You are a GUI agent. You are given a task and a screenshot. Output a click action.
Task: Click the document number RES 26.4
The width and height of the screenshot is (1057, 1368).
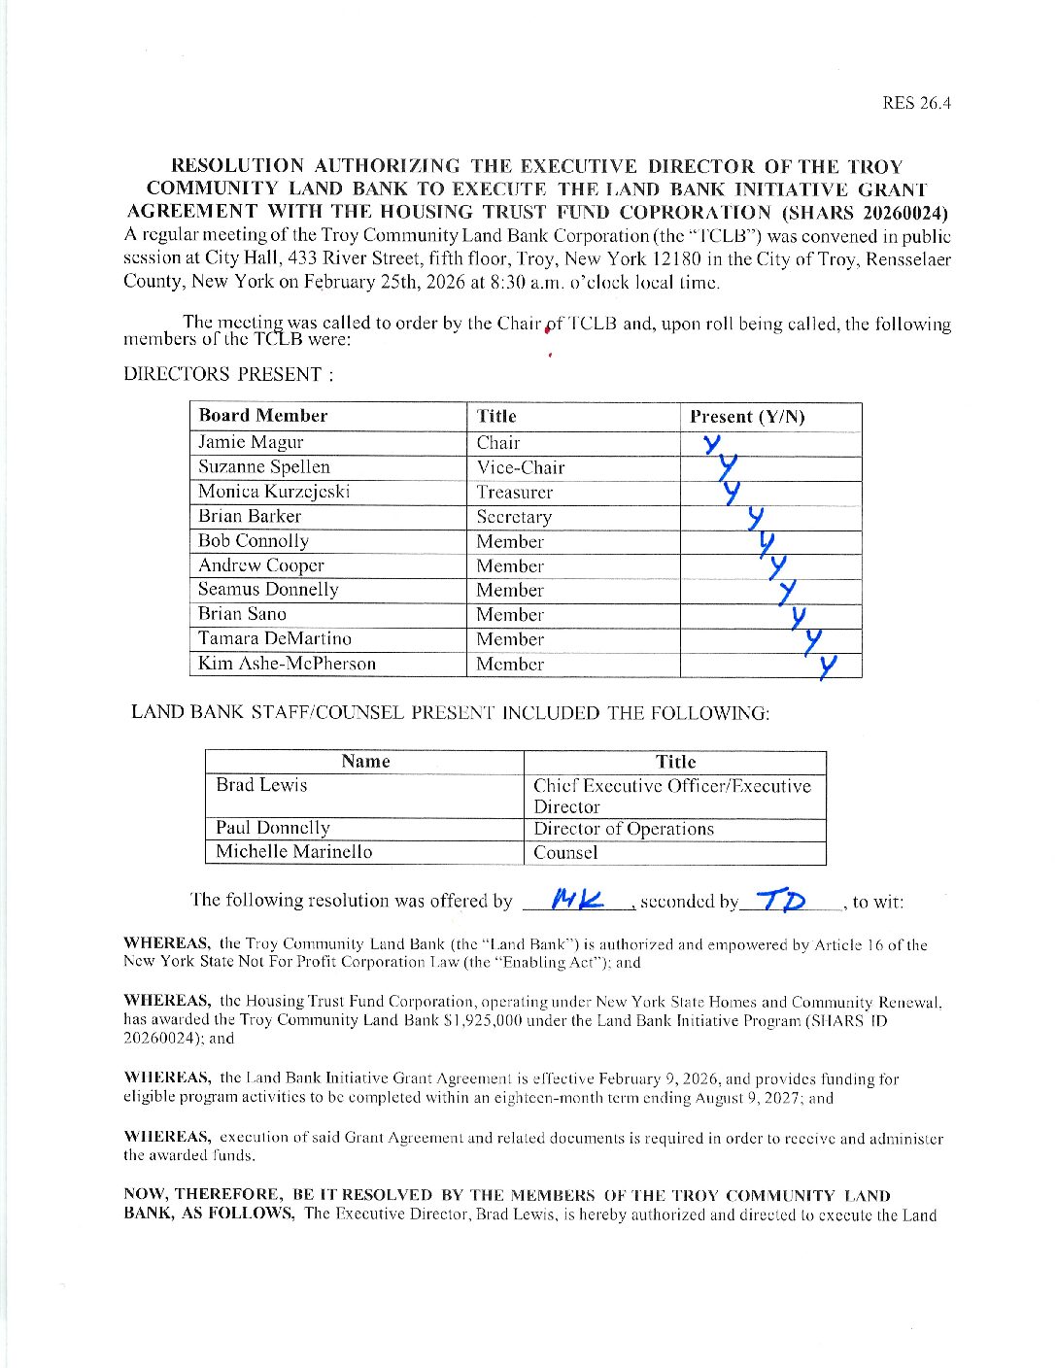click(x=915, y=103)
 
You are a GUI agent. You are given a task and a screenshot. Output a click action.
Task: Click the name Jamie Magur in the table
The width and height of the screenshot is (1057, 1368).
click(x=251, y=442)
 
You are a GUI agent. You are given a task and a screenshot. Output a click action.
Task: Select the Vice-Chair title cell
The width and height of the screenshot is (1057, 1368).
click(x=520, y=467)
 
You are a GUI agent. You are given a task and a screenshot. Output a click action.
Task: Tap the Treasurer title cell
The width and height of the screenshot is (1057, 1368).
click(x=514, y=493)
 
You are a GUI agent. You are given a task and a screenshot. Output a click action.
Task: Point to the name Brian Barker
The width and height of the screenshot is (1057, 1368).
click(x=250, y=516)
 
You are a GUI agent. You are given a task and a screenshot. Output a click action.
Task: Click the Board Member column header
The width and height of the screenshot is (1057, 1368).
click(x=263, y=416)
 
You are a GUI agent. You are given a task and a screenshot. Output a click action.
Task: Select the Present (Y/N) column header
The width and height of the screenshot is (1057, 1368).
click(x=747, y=417)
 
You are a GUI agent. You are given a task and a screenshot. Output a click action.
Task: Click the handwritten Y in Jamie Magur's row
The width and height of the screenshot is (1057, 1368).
click(x=713, y=444)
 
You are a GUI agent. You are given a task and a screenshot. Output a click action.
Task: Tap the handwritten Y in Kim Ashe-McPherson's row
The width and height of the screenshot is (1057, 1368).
click(x=827, y=667)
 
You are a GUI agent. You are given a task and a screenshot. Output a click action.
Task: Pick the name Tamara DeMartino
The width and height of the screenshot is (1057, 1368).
click(x=275, y=638)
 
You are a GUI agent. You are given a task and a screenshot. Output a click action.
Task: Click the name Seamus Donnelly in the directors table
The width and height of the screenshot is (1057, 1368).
click(x=268, y=589)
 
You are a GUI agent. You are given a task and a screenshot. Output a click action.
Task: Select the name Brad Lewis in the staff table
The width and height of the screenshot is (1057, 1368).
click(x=261, y=784)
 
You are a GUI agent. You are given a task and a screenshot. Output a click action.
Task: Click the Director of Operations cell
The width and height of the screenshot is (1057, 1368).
click(x=624, y=829)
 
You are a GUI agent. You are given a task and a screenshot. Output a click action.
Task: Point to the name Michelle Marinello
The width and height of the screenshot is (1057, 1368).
click(x=293, y=851)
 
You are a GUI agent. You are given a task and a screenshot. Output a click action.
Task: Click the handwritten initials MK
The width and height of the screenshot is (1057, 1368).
click(x=576, y=899)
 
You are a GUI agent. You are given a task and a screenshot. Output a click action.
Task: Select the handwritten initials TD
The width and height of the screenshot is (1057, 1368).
click(x=782, y=899)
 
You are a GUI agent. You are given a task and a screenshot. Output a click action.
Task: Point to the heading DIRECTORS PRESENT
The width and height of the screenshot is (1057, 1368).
click(x=227, y=374)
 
